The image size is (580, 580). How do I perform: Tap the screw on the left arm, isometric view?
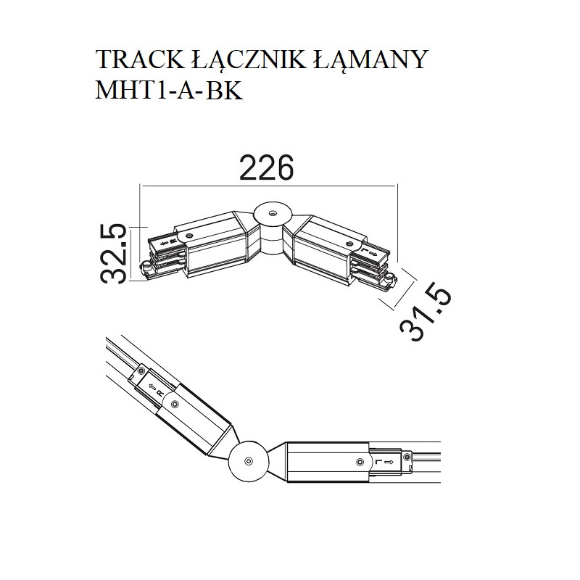tap(188, 236)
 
